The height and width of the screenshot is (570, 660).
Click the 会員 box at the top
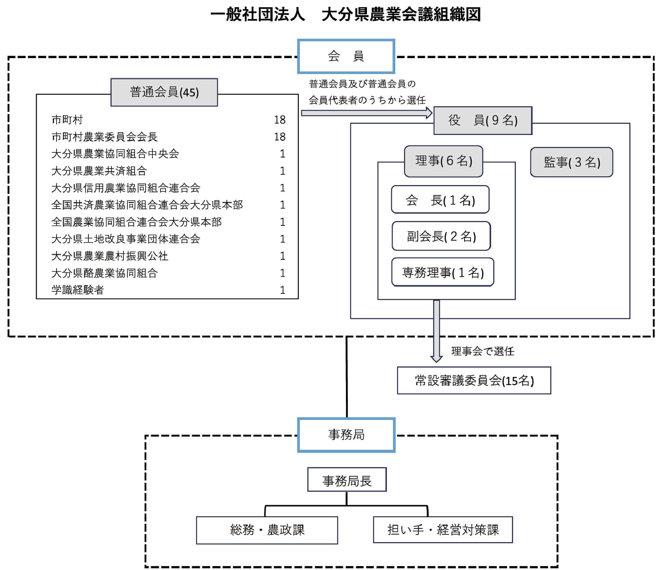pyautogui.click(x=346, y=56)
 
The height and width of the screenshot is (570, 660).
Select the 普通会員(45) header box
pyautogui.click(x=164, y=92)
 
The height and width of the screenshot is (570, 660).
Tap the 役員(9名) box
pyautogui.click(x=482, y=120)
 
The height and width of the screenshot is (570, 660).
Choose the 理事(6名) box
pyautogui.click(x=443, y=161)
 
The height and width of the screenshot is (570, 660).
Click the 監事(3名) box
pyautogui.click(x=571, y=162)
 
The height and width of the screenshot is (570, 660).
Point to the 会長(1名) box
pyautogui.click(x=440, y=200)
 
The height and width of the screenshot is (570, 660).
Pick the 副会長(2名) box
pyautogui.click(x=441, y=236)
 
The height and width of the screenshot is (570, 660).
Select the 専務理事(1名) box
pyautogui.click(x=443, y=272)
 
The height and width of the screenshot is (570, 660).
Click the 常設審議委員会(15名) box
pyautogui.click(x=474, y=381)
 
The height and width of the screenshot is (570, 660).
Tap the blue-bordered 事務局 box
pyautogui.click(x=346, y=435)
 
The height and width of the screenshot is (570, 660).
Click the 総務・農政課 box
pyautogui.click(x=267, y=530)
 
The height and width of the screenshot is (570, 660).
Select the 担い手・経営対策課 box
pyautogui.click(x=443, y=530)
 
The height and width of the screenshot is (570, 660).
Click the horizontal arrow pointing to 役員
pyautogui.click(x=366, y=113)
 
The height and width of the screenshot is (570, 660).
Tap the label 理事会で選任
pyautogui.click(x=482, y=351)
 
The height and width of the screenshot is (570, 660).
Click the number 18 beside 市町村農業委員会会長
pyautogui.click(x=279, y=137)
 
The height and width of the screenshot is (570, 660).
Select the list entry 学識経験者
pyautogui.click(x=78, y=290)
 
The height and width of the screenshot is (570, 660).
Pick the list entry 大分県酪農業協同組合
pyautogui.click(x=104, y=273)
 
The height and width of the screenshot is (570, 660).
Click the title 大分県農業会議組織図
pyautogui.click(x=401, y=14)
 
